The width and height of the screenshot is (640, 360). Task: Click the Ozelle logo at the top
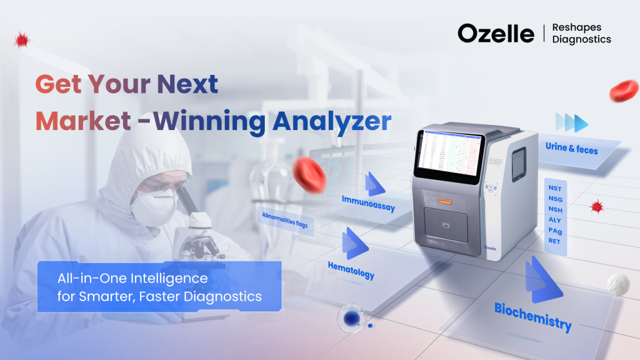pyautogui.click(x=496, y=33)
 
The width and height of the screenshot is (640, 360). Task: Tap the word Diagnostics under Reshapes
pyautogui.click(x=581, y=39)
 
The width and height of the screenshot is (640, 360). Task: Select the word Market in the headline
pyautogui.click(x=82, y=121)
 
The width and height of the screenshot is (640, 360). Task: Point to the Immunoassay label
pyautogui.click(x=368, y=202)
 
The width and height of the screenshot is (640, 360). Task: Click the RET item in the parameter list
pyautogui.click(x=554, y=241)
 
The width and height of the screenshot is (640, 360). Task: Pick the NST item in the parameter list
pyautogui.click(x=554, y=187)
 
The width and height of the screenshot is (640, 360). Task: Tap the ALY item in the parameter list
pyautogui.click(x=554, y=219)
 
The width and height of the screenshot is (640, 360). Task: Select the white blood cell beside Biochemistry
pyautogui.click(x=619, y=284)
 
